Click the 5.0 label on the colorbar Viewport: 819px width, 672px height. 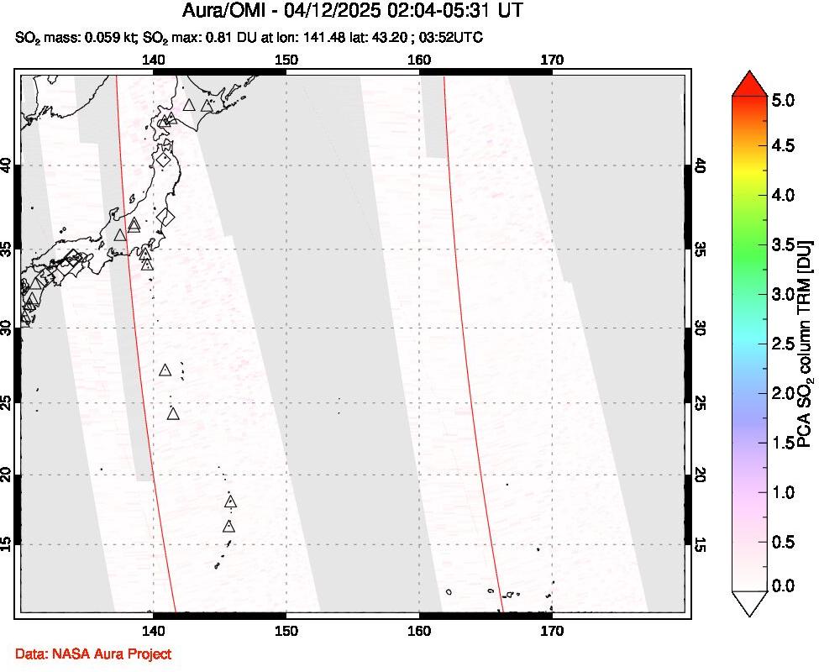[783, 100]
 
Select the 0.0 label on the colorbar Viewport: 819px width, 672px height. [783, 585]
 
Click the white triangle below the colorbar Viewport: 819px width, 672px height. [751, 604]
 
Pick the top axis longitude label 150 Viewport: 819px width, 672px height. [286, 60]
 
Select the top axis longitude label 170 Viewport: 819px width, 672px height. [551, 60]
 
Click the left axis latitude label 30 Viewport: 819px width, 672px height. [8, 328]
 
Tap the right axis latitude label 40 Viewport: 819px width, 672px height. [700, 166]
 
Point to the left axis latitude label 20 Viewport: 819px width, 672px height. [8, 475]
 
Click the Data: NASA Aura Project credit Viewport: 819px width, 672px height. [92, 653]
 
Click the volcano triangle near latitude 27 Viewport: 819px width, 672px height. [165, 370]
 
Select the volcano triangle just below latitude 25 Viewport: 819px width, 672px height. [173, 413]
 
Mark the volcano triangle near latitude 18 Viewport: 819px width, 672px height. [231, 502]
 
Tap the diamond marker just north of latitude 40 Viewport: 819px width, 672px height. [164, 159]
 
